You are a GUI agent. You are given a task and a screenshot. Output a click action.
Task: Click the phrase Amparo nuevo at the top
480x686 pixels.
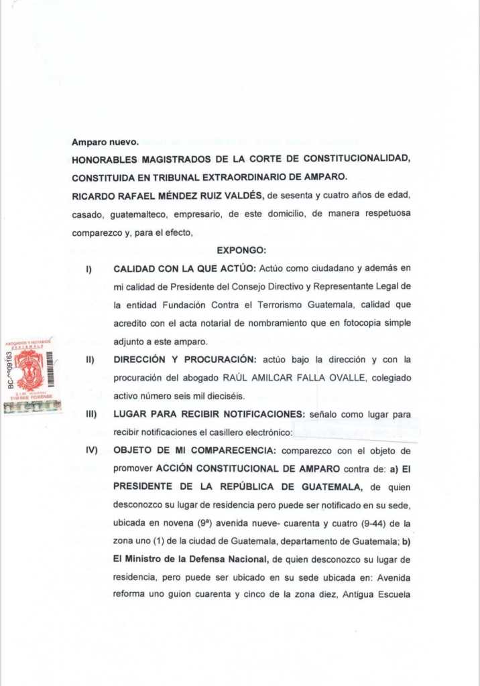105,142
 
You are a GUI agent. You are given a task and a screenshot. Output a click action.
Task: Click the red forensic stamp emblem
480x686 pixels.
29,369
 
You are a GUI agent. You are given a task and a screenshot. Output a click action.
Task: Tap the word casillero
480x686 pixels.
229,432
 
